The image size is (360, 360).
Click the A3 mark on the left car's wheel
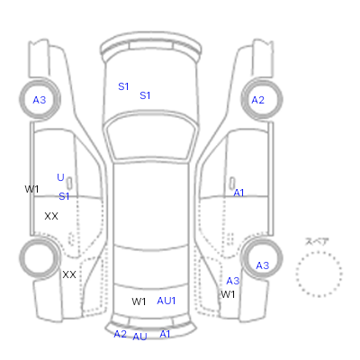(x=40, y=100)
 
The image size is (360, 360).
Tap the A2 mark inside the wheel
(x=258, y=100)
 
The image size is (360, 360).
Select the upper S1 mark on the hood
(x=123, y=86)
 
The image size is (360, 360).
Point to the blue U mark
(x=60, y=177)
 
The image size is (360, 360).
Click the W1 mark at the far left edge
(x=31, y=189)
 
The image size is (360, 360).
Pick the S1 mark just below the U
(x=64, y=196)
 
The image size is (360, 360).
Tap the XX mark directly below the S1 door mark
(x=51, y=216)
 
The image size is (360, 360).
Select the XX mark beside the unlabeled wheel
(x=69, y=274)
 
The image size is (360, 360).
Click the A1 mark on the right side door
(x=238, y=193)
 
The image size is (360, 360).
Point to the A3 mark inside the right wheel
(x=263, y=265)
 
